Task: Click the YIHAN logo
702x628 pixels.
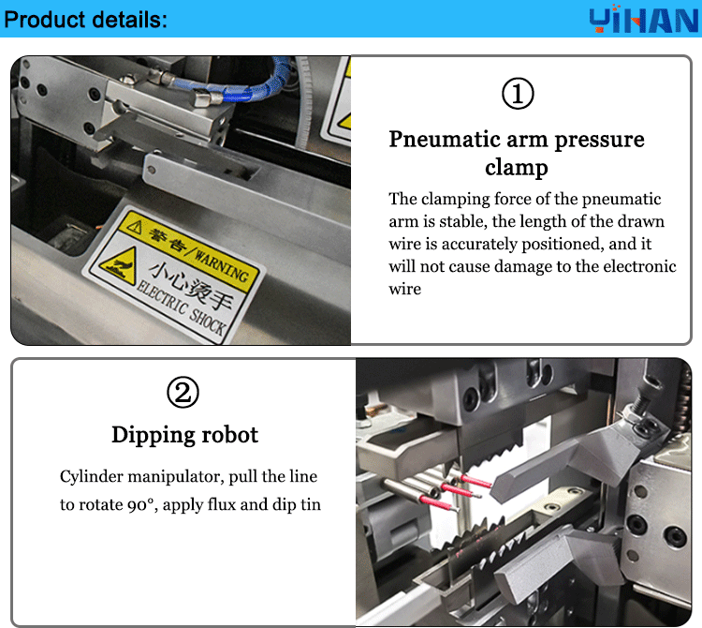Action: (645, 20)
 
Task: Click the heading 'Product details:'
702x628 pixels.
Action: (86, 20)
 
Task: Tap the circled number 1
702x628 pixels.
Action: (518, 94)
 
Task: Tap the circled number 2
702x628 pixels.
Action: (183, 393)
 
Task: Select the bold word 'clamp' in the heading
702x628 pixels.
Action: (516, 168)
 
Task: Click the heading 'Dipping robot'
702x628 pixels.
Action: (184, 435)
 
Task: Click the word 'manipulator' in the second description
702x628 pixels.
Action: (177, 477)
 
